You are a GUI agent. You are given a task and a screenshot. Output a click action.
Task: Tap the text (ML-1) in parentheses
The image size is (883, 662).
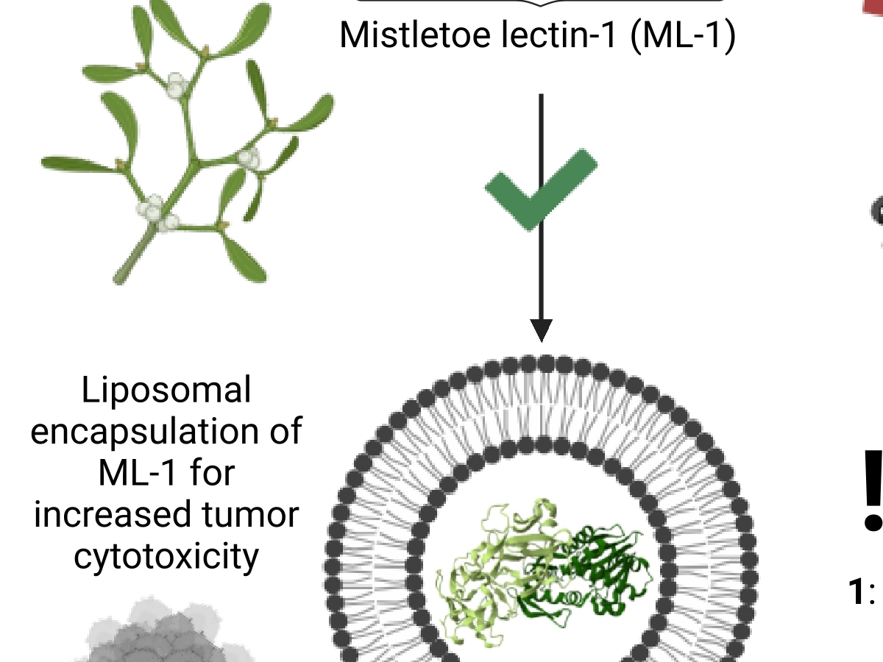(x=683, y=35)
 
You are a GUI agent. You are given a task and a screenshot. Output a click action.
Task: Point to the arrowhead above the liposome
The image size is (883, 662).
(x=541, y=330)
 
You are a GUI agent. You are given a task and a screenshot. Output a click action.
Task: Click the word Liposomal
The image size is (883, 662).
(x=166, y=391)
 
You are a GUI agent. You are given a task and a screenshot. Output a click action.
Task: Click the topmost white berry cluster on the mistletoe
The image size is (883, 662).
(x=175, y=86)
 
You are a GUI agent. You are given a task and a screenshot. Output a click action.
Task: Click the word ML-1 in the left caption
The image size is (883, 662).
(x=136, y=473)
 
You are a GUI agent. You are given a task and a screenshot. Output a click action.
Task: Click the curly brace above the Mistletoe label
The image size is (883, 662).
(x=541, y=4)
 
